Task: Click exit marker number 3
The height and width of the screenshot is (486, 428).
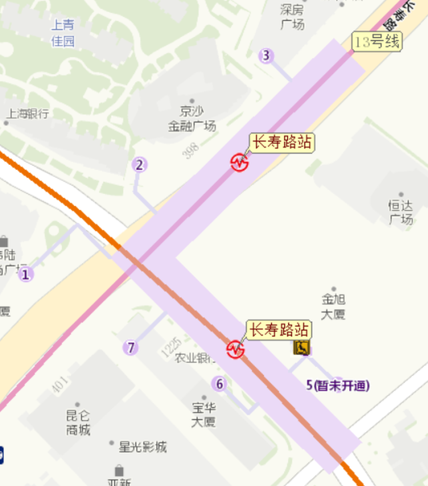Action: (x=266, y=56)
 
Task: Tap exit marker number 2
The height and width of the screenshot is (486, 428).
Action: (x=140, y=165)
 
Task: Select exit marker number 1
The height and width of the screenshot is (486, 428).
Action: (x=26, y=274)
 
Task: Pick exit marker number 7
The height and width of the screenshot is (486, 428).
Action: (x=131, y=347)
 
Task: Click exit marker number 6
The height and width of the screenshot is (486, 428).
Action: (x=219, y=384)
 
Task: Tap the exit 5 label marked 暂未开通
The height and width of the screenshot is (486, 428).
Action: (x=337, y=385)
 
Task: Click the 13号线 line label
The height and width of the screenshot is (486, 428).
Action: (x=378, y=41)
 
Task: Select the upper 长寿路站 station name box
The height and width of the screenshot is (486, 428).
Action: (x=281, y=142)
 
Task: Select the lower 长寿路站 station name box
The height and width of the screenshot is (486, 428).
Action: (x=279, y=330)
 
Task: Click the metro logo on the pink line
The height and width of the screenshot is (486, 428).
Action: (x=239, y=162)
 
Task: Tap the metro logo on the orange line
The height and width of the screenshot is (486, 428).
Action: (x=234, y=348)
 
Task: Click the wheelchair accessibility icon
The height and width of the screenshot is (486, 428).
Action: (x=302, y=347)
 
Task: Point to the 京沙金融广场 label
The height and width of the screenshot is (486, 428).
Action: (x=192, y=118)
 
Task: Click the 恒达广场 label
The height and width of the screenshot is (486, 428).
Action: (x=401, y=212)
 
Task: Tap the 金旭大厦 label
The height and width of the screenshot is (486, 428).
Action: (x=333, y=306)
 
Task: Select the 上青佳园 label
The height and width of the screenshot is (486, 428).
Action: (x=63, y=33)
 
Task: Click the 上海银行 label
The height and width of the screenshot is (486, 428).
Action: (x=28, y=113)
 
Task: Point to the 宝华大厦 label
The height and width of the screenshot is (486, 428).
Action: (x=204, y=414)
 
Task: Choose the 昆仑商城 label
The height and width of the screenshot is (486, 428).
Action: (x=78, y=423)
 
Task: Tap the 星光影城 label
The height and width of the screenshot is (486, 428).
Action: (x=142, y=447)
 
